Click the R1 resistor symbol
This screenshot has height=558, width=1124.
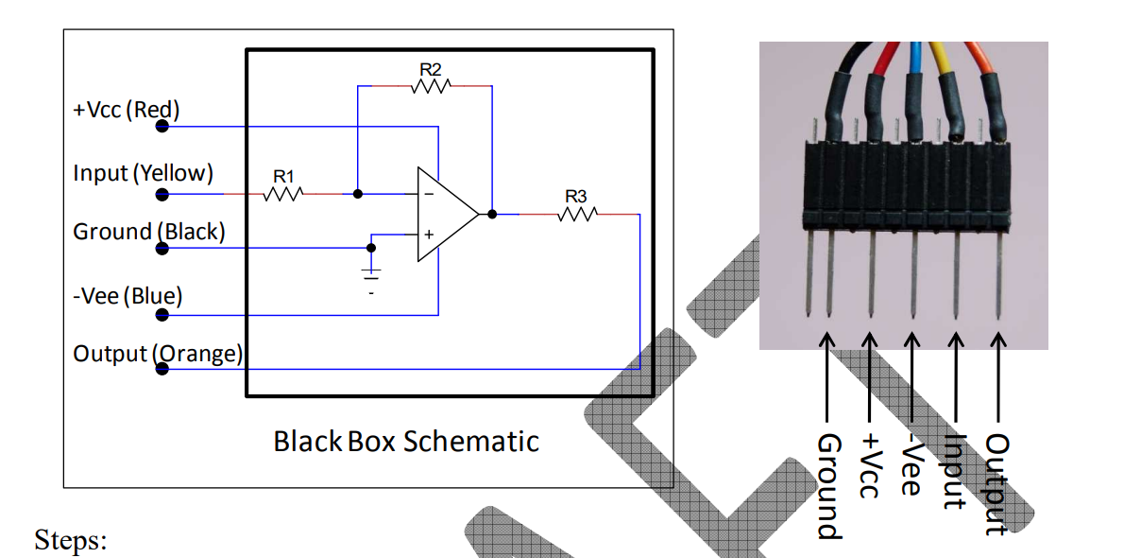(x=283, y=194)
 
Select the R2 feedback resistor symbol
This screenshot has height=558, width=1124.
(x=431, y=86)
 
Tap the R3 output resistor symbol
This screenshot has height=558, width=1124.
(x=576, y=215)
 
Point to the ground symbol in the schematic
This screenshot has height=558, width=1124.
(x=371, y=274)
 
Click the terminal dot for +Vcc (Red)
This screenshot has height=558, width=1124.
(x=162, y=126)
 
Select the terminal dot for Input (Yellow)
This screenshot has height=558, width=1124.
(x=162, y=195)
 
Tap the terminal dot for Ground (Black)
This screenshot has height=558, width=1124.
(x=162, y=249)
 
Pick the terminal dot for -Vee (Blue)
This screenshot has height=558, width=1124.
(x=162, y=315)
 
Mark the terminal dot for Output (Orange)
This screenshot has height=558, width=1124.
(x=162, y=369)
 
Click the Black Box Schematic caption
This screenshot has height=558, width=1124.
(x=406, y=442)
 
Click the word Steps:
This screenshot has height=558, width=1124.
(x=71, y=541)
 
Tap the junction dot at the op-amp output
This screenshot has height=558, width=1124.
(x=492, y=215)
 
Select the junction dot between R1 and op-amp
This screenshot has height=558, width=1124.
(x=357, y=194)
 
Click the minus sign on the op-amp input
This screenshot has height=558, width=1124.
(x=429, y=195)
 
